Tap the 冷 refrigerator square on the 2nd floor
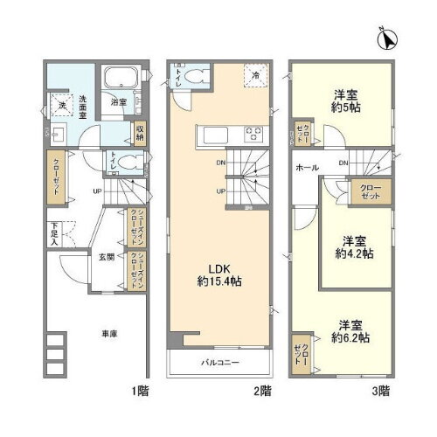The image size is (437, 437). [254, 75]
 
